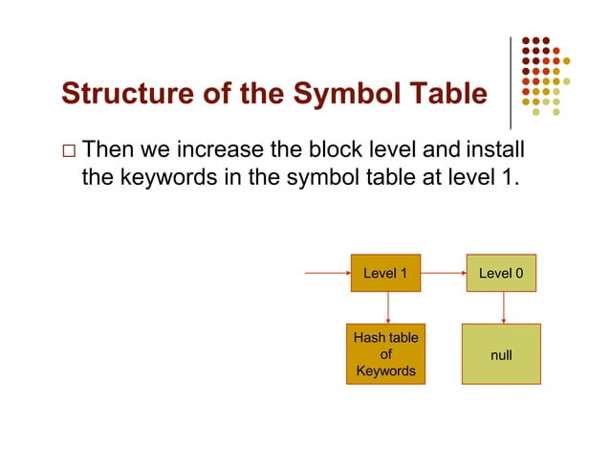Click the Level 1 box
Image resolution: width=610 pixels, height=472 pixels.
point(385,273)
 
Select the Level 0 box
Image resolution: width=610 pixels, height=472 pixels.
point(500,273)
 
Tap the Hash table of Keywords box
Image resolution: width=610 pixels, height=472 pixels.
point(385,354)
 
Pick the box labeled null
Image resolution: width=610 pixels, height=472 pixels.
point(500,354)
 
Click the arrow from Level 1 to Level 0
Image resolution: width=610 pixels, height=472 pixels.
point(444,273)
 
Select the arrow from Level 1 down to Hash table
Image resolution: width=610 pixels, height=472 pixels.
point(388,307)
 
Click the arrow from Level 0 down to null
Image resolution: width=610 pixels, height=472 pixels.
point(503,307)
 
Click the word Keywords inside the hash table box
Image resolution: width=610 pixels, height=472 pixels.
point(385,371)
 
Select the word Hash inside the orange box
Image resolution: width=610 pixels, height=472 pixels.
point(369,338)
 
